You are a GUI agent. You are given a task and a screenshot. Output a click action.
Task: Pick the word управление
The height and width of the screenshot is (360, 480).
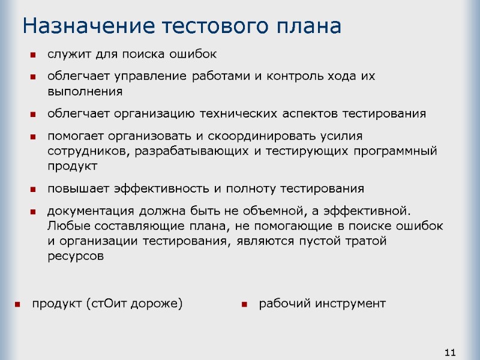coord(149,77)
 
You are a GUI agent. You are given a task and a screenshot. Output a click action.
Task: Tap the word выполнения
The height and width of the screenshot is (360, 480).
coord(85,92)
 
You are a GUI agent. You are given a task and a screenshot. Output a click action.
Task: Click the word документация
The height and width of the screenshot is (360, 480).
coord(91,211)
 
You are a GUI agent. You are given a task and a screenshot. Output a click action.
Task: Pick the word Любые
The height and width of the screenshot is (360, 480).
coord(65,226)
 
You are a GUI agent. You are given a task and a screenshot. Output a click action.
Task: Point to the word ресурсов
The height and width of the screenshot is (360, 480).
coord(75,256)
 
